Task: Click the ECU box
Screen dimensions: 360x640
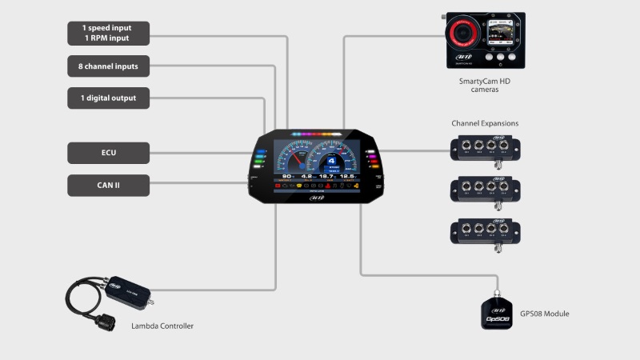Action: pyautogui.click(x=108, y=153)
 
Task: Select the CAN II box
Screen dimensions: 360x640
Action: pyautogui.click(x=108, y=186)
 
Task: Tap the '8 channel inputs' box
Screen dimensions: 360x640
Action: pyautogui.click(x=108, y=66)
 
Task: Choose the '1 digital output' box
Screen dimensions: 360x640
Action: pyautogui.click(x=108, y=98)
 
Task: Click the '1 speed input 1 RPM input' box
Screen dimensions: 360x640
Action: pyautogui.click(x=108, y=33)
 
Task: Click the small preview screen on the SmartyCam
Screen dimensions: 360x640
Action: pyautogui.click(x=498, y=34)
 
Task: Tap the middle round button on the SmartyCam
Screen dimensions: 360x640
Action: pyautogui.click(x=499, y=58)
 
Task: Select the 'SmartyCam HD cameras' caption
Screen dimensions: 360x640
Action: pyautogui.click(x=484, y=85)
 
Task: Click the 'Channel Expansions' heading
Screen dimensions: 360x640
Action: pyautogui.click(x=485, y=123)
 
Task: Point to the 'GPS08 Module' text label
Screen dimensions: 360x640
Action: pyautogui.click(x=544, y=314)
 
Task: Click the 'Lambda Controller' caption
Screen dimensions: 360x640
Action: pyautogui.click(x=162, y=326)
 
